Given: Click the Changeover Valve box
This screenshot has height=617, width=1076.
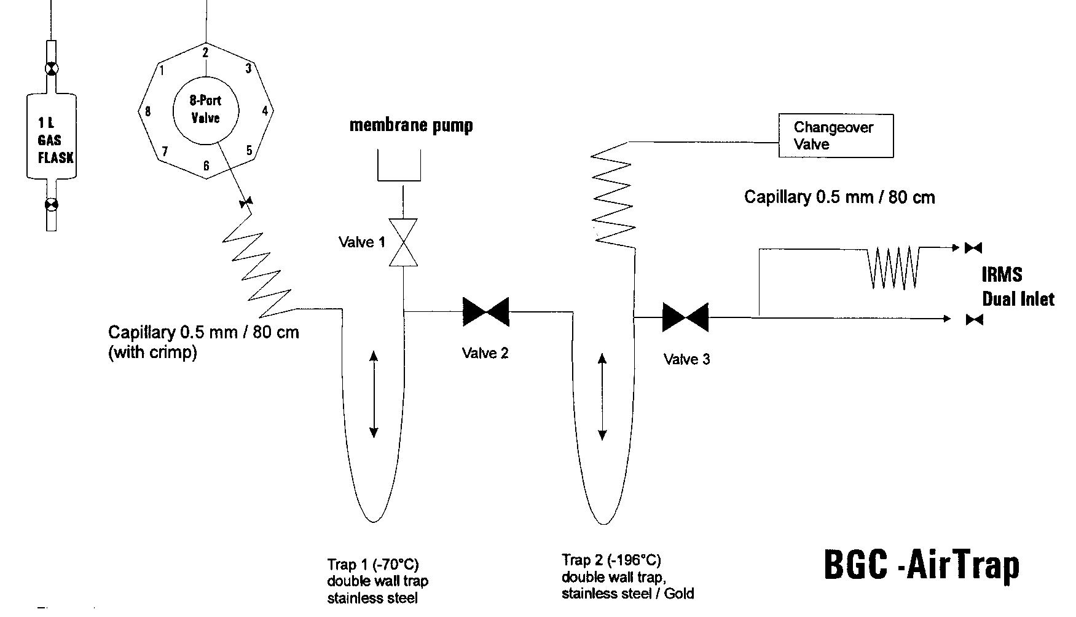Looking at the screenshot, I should pos(835,136).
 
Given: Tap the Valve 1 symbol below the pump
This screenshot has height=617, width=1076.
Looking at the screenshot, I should pos(403,242).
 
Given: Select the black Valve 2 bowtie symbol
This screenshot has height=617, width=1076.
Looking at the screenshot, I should pos(485,312).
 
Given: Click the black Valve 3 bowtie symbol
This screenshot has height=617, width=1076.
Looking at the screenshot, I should pos(685,317).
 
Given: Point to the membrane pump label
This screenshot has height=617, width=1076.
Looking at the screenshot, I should pos(411,125).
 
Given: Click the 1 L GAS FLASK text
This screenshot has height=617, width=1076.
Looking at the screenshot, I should pos(53,140).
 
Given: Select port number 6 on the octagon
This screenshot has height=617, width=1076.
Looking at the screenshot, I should pos(206,166).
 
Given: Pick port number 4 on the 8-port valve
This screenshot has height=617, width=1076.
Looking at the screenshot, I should pos(265,111).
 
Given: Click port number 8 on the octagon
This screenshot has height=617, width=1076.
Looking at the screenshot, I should pos(147,111).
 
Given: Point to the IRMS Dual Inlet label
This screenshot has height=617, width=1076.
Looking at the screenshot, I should pos(1017,287).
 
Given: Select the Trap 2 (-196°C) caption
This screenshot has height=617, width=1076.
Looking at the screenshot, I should pos(611,560).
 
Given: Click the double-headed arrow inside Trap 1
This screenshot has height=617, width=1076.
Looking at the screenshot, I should pos(373,394).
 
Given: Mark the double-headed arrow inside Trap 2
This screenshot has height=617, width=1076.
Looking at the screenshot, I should pos(602,397).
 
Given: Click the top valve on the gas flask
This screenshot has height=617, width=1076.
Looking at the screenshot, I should pos(52,69).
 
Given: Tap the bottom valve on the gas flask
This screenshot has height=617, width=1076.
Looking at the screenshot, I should pos(52,205).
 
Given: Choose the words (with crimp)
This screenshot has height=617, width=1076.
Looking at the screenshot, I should pos(152,353).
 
